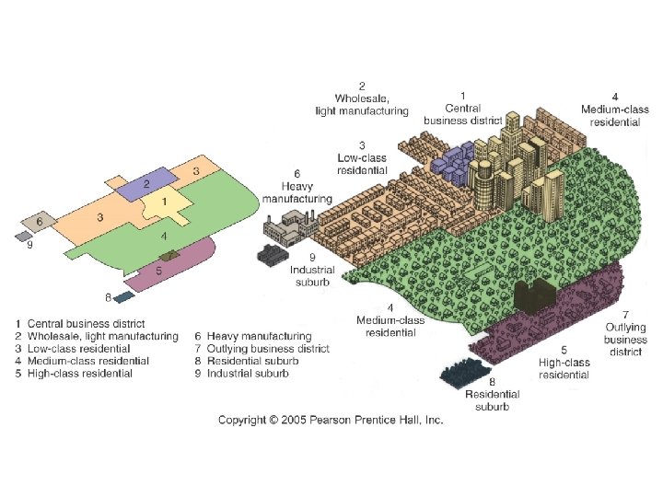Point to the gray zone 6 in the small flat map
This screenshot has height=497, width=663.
[38, 222]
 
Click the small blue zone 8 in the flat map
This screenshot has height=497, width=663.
[124, 297]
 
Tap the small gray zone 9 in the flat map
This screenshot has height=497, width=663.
[22, 236]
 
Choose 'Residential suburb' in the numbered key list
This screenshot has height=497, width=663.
[246, 361]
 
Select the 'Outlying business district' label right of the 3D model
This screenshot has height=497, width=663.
[625, 340]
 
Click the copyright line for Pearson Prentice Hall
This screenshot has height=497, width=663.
[331, 420]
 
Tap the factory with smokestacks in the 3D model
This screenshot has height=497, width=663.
[288, 225]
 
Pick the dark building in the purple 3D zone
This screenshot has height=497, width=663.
[531, 295]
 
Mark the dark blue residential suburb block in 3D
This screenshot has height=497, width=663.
[470, 372]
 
